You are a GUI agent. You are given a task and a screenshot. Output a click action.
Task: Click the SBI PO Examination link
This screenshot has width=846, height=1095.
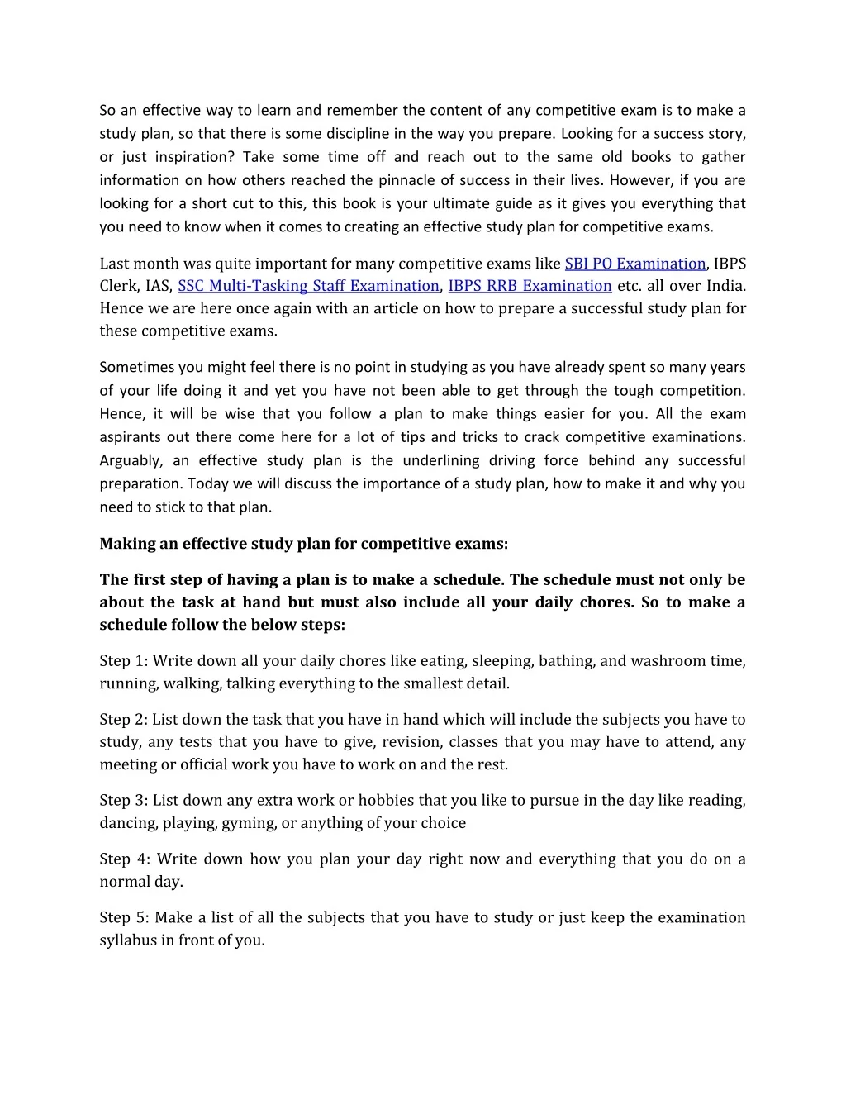point(634,264)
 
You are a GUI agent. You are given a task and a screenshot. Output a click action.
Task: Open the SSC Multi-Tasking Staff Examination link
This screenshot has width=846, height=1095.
point(308,286)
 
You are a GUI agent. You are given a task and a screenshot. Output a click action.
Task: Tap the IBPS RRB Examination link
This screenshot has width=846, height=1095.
point(530,286)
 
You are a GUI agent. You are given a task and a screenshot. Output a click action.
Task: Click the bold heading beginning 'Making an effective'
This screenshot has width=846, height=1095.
point(304,544)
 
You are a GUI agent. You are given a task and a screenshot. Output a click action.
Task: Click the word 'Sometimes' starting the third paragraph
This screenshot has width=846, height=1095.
point(136,367)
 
